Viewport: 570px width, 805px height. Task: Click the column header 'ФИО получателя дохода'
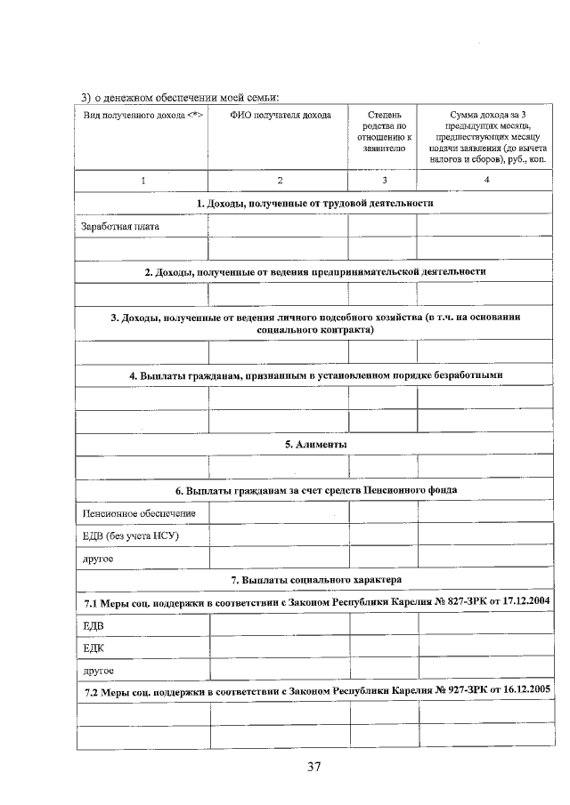pyautogui.click(x=281, y=115)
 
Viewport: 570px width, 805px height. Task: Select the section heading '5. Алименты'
pyautogui.click(x=315, y=444)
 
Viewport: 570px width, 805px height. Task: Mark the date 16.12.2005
pyautogui.click(x=521, y=691)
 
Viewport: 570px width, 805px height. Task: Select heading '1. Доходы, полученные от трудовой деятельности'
pyautogui.click(x=315, y=203)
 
